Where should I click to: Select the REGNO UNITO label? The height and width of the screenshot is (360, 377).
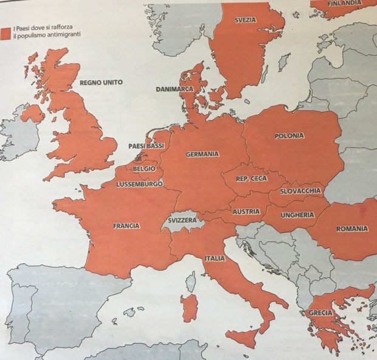(x=101, y=82)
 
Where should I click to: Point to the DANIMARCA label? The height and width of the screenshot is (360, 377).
(x=174, y=89)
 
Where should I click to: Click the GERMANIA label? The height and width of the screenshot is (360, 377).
(x=202, y=154)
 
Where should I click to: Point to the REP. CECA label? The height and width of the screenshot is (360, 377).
(x=251, y=178)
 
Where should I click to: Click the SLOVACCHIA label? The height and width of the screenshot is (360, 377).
(x=301, y=191)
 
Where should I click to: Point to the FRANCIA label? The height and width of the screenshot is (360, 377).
(x=126, y=226)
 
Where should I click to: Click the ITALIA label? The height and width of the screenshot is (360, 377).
(x=215, y=258)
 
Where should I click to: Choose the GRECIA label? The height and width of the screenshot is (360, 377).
(x=320, y=314)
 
